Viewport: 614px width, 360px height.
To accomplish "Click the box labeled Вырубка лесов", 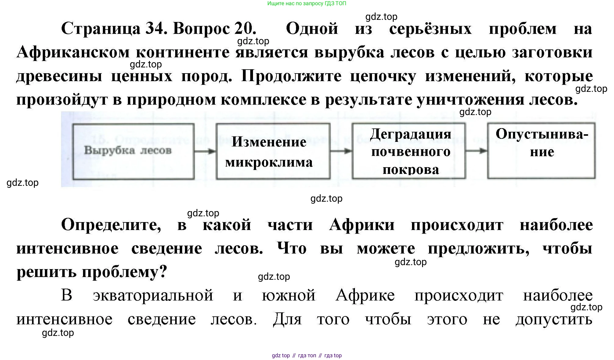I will click(x=133, y=151).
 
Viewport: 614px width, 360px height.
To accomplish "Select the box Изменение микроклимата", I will click(x=273, y=151).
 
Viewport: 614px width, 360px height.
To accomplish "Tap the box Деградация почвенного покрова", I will click(x=409, y=151).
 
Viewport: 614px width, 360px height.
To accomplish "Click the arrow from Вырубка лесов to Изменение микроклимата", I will click(x=205, y=151).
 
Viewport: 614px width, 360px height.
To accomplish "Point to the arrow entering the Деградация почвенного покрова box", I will click(x=341, y=151).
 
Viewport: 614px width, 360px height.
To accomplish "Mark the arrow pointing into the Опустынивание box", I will click(x=476, y=151).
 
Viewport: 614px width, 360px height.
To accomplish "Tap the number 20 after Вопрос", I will click(x=245, y=28).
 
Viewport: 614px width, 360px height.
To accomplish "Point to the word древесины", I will click(x=59, y=76).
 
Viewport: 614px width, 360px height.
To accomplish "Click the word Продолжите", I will click(x=291, y=76).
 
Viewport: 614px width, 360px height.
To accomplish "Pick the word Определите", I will click(x=111, y=225).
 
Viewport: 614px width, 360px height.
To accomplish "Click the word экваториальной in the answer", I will click(x=153, y=295).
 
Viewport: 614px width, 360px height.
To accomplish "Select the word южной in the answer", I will click(x=288, y=295).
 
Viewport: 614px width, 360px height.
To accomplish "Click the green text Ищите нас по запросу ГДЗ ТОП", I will click(x=307, y=4).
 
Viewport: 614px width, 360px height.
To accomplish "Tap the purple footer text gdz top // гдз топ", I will click(x=307, y=355).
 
